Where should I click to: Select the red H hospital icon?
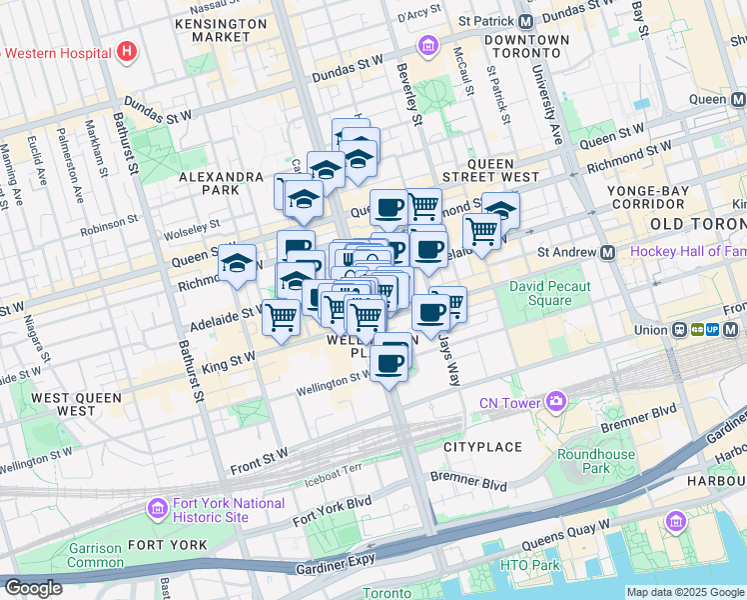pos(127,50)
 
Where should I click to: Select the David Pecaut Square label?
pos(550,293)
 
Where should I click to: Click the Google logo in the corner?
pos(32,588)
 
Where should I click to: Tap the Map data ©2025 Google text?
pos(684,592)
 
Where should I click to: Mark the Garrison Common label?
pos(94,555)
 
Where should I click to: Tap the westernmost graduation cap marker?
pos(237,265)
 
